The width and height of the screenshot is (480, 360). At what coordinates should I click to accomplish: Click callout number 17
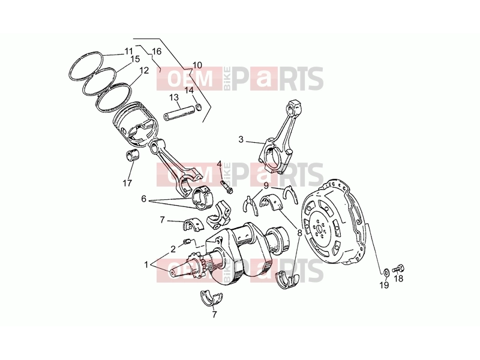click(x=127, y=184)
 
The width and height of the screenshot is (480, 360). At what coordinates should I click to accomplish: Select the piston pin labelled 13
click(x=179, y=113)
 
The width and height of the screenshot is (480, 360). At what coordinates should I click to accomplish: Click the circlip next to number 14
click(x=199, y=107)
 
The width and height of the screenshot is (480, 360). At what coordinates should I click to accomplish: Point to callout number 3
click(x=241, y=140)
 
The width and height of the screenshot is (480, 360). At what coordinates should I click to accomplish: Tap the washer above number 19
click(x=386, y=272)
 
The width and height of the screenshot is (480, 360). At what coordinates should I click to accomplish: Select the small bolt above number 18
click(x=398, y=269)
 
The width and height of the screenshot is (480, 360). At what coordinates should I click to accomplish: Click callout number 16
click(x=157, y=51)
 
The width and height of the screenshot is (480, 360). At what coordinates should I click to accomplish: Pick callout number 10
click(x=197, y=65)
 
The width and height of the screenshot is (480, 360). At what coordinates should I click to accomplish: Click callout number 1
click(x=146, y=265)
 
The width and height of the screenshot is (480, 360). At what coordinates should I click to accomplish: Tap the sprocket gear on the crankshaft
click(x=196, y=266)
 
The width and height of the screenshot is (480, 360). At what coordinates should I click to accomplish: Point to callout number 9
click(x=266, y=185)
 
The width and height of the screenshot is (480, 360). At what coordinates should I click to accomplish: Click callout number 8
click(x=299, y=233)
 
